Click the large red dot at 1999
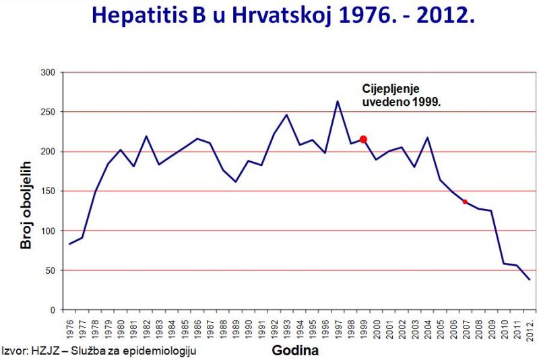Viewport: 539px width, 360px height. (x=363, y=140)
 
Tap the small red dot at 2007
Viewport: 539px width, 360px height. (x=465, y=202)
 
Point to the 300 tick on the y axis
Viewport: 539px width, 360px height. (x=49, y=72)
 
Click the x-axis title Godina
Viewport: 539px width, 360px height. (x=295, y=351)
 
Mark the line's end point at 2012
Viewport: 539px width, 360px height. (x=529, y=279)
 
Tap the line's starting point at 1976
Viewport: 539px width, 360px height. (x=69, y=244)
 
